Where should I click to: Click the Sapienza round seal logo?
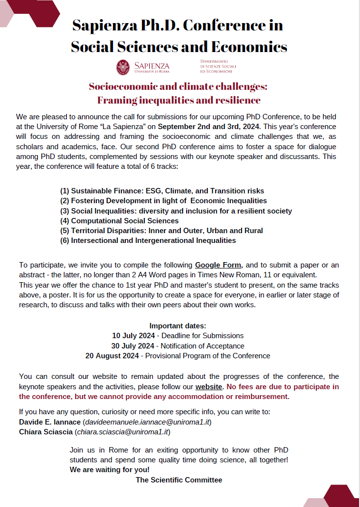click(x=123, y=67)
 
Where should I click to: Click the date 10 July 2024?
click(x=133, y=336)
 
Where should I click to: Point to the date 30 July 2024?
click(x=133, y=346)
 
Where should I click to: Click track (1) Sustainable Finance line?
click(x=162, y=191)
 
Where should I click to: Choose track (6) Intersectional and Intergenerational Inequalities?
click(x=148, y=240)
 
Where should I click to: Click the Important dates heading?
click(x=178, y=326)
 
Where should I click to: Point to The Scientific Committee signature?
click(x=179, y=480)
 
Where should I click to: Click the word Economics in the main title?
click(x=249, y=47)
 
